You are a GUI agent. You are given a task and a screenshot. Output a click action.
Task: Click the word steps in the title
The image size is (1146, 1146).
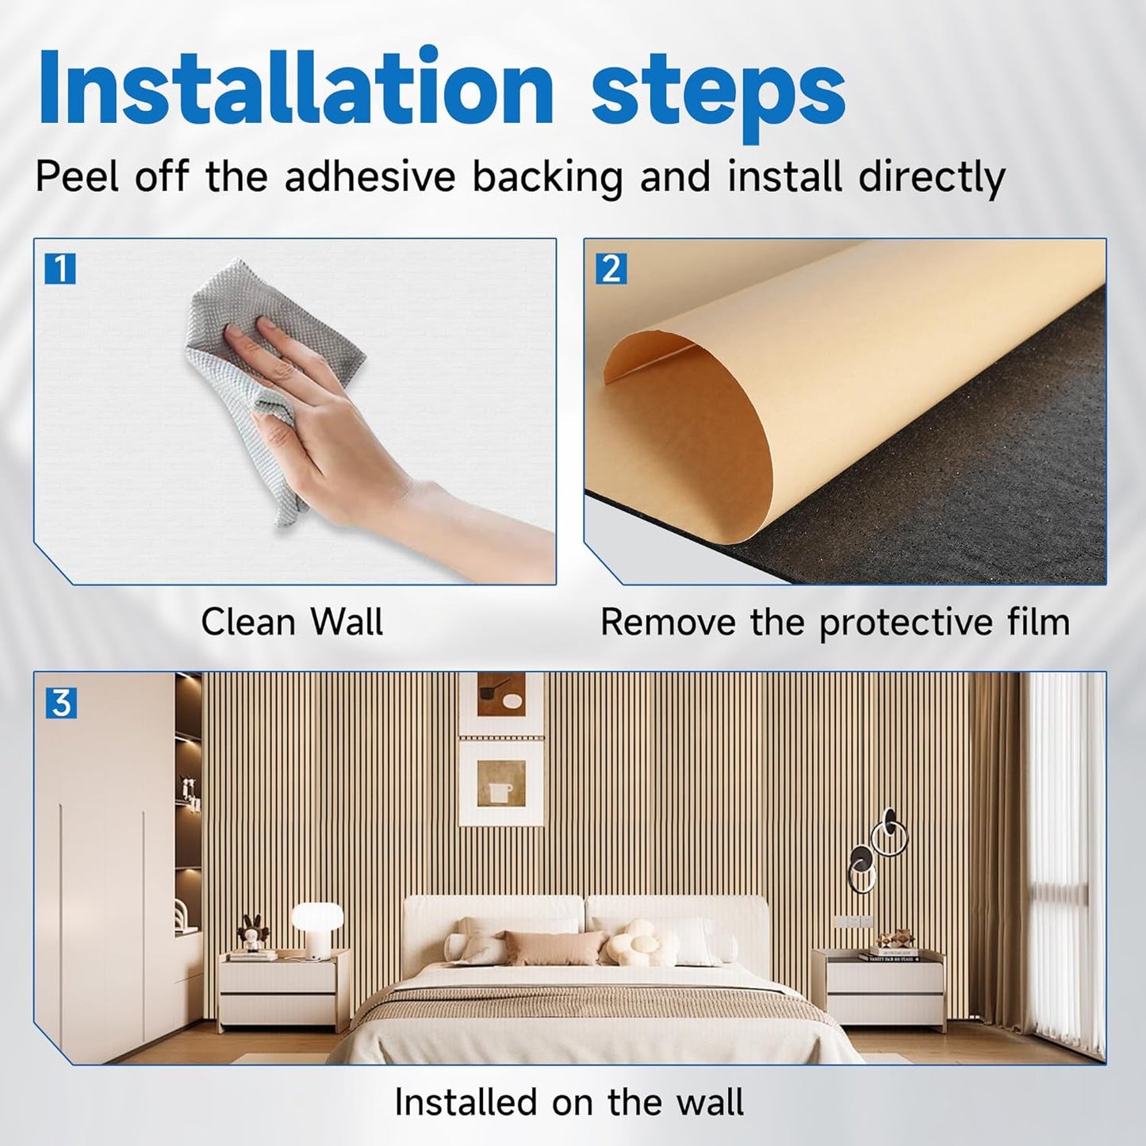[x=718, y=94]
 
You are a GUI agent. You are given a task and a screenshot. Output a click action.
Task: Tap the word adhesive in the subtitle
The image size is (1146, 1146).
[x=370, y=176]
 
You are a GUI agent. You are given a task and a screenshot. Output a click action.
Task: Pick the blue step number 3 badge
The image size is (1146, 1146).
[x=61, y=703]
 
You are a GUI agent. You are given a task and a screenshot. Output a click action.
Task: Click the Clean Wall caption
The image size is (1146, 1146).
[x=292, y=622]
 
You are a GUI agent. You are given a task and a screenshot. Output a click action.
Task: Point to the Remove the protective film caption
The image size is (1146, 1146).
[x=834, y=622]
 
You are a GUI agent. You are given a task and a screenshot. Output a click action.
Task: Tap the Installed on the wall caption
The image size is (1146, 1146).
[x=569, y=1102]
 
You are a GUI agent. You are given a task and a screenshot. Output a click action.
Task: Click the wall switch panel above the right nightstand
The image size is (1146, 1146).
[x=853, y=922]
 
